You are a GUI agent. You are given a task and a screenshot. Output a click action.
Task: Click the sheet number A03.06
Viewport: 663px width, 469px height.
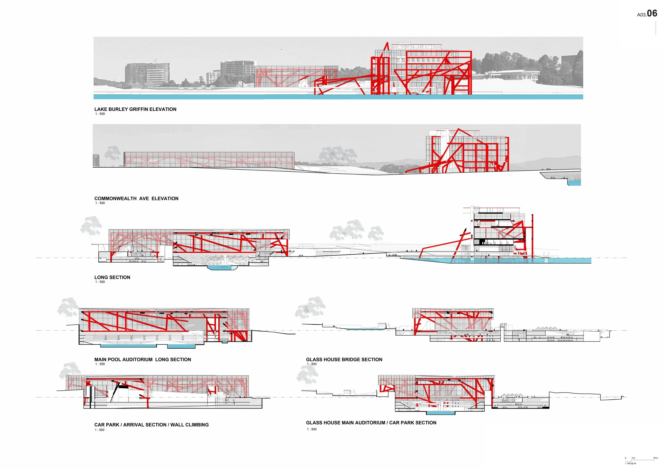(x=647, y=14)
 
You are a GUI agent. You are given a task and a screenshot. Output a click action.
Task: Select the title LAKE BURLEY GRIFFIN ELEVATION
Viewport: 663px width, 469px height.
(x=135, y=109)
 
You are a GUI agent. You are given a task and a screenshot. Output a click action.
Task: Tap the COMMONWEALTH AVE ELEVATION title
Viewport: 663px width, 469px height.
(x=136, y=198)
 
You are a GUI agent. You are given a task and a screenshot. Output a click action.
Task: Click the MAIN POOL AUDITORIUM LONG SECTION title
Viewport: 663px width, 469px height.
(x=143, y=359)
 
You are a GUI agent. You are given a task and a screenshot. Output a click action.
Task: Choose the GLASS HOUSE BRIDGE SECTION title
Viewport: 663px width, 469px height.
(x=344, y=359)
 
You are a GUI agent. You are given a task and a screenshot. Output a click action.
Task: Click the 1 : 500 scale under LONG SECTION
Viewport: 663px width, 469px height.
(x=100, y=282)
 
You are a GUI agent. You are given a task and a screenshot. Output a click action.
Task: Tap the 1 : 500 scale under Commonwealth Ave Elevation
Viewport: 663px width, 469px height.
(x=100, y=203)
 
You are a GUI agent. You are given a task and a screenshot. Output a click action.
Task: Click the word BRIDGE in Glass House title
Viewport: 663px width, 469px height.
(x=350, y=359)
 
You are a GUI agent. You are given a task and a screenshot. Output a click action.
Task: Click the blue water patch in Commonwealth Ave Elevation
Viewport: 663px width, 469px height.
(x=574, y=183)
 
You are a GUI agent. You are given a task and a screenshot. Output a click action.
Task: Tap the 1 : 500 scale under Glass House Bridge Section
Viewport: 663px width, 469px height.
(x=312, y=364)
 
